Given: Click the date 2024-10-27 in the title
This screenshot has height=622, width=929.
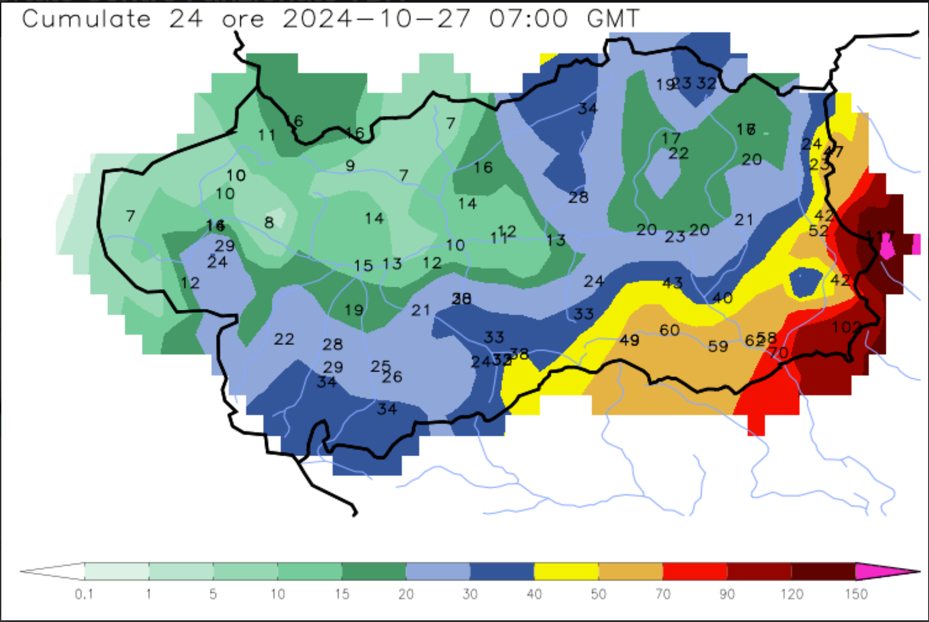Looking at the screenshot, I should [x=376, y=19].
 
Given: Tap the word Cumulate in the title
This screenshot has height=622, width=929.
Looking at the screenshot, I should [x=86, y=19].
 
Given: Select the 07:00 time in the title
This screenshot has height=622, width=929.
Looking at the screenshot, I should [x=528, y=19].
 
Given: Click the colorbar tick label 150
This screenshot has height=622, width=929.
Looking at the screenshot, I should [x=856, y=594].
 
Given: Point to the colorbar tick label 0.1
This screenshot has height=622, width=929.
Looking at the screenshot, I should [x=84, y=594].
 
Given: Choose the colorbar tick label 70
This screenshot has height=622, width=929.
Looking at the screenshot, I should [x=663, y=594].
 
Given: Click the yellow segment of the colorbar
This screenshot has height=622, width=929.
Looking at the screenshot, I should [x=566, y=571].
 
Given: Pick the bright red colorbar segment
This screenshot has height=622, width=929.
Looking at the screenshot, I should [x=695, y=571].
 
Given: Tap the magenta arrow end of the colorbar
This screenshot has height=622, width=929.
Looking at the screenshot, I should [x=884, y=571].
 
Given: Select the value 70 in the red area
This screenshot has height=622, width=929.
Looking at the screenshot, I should [x=779, y=352].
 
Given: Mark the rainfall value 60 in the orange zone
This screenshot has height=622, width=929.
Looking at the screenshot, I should [x=669, y=330].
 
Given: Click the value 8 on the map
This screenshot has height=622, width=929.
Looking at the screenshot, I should [x=269, y=223].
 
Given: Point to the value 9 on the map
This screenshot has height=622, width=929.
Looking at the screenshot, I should [x=350, y=166].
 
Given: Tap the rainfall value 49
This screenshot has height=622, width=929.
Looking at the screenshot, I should [x=629, y=340].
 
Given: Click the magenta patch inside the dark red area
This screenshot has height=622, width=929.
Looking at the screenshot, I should [x=887, y=246].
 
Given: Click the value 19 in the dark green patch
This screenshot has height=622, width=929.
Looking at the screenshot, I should [x=354, y=310].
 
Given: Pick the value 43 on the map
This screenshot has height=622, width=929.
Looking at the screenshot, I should [x=672, y=283].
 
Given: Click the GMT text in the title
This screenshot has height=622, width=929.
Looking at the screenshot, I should [x=612, y=19].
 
